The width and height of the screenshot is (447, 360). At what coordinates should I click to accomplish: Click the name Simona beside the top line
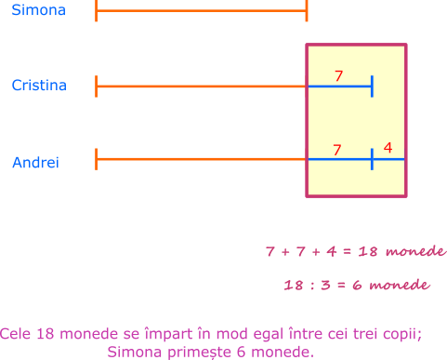39,10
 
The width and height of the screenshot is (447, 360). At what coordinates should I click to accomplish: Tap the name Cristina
39,86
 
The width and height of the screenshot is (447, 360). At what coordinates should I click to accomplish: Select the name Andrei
35,162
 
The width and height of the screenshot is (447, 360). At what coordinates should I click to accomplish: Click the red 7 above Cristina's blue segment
338,75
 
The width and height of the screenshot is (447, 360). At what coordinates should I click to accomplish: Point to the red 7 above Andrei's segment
337,150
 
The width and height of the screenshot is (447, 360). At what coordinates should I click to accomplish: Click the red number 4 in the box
388,148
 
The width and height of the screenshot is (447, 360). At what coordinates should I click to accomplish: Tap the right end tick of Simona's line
307,10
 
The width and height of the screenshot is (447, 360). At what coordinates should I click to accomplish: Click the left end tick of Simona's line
97,10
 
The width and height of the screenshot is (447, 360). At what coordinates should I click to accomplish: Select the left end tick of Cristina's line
97,87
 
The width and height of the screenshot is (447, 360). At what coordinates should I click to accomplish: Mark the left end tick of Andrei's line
97,159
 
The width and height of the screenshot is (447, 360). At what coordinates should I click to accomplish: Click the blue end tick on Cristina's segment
372,87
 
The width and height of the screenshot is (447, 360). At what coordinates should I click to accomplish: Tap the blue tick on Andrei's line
372,159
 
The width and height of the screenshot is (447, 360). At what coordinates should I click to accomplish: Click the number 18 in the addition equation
368,251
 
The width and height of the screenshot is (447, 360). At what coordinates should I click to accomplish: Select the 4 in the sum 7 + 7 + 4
332,251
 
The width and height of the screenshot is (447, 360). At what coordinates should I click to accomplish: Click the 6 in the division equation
357,285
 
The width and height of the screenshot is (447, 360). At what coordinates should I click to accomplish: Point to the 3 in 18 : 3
325,285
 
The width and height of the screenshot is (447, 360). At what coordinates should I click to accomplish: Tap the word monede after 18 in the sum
416,251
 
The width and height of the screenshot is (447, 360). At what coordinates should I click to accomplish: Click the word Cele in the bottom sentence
15,334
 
